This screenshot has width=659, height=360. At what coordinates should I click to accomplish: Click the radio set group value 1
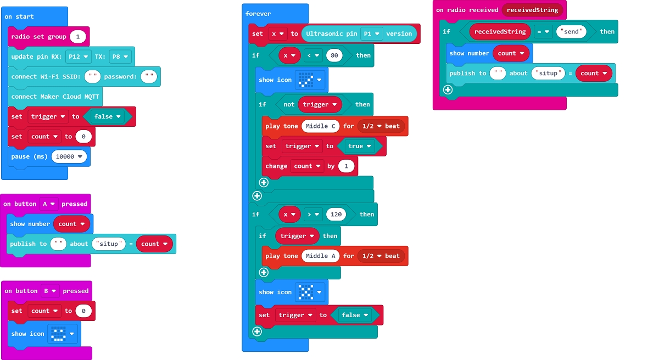click(78, 37)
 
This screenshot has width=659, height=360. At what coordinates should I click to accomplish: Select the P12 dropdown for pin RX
click(78, 57)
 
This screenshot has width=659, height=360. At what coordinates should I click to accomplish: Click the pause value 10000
click(70, 156)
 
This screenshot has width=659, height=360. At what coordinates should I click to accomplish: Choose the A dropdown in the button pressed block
click(49, 204)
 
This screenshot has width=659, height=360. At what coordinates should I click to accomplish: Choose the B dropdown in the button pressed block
click(50, 291)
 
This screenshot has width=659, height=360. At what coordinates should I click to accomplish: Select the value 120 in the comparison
click(336, 215)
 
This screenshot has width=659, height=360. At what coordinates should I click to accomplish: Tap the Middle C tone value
click(321, 126)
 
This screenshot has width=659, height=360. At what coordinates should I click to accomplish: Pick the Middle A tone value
click(321, 256)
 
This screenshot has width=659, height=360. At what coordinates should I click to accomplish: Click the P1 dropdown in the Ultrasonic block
click(371, 33)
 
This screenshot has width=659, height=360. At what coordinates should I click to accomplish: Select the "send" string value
click(571, 32)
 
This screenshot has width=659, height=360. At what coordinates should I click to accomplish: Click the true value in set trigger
click(359, 146)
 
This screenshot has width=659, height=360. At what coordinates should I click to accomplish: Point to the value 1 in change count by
click(346, 166)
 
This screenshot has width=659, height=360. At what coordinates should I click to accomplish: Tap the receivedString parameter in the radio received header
click(532, 10)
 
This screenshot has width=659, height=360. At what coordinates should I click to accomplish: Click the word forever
click(258, 14)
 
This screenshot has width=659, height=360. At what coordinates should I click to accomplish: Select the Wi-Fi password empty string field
click(149, 77)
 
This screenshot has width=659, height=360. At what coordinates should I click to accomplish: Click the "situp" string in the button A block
click(109, 244)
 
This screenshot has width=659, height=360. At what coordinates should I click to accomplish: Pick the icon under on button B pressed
click(60, 334)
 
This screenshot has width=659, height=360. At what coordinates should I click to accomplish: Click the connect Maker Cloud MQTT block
click(55, 97)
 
